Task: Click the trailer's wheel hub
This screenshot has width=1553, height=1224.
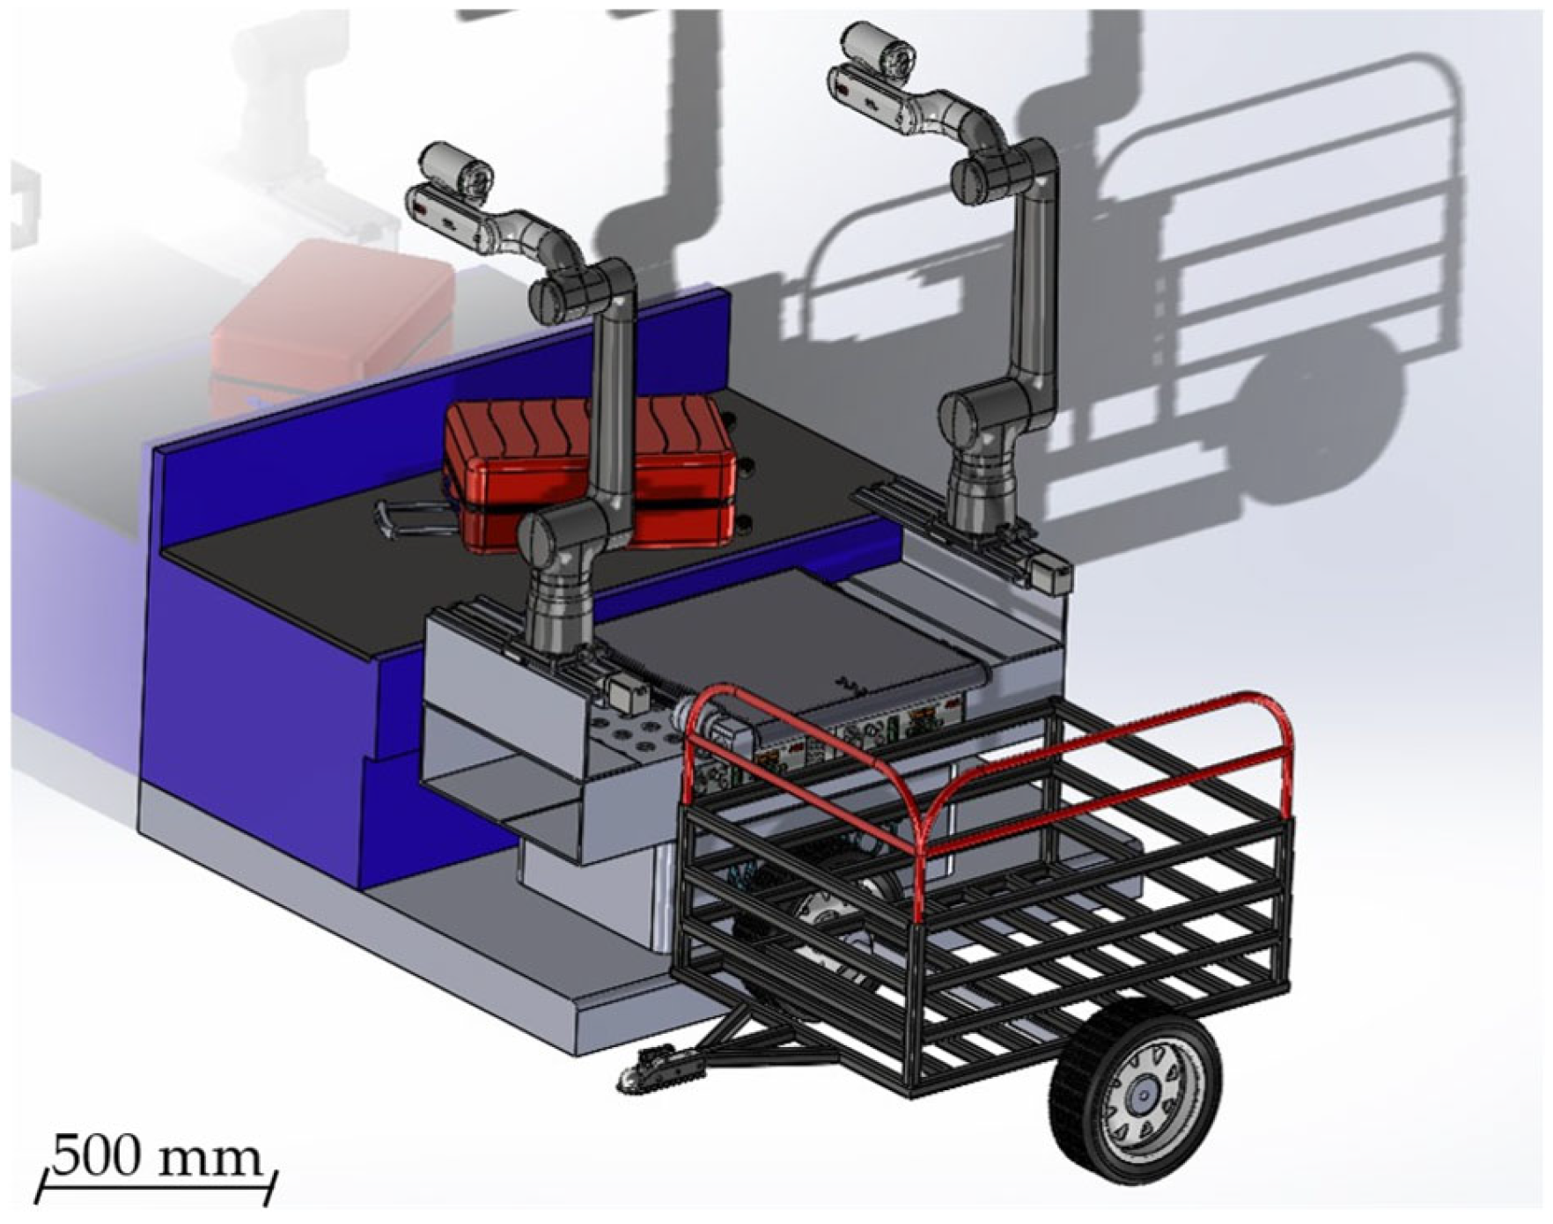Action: pyautogui.click(x=1141, y=1096)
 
